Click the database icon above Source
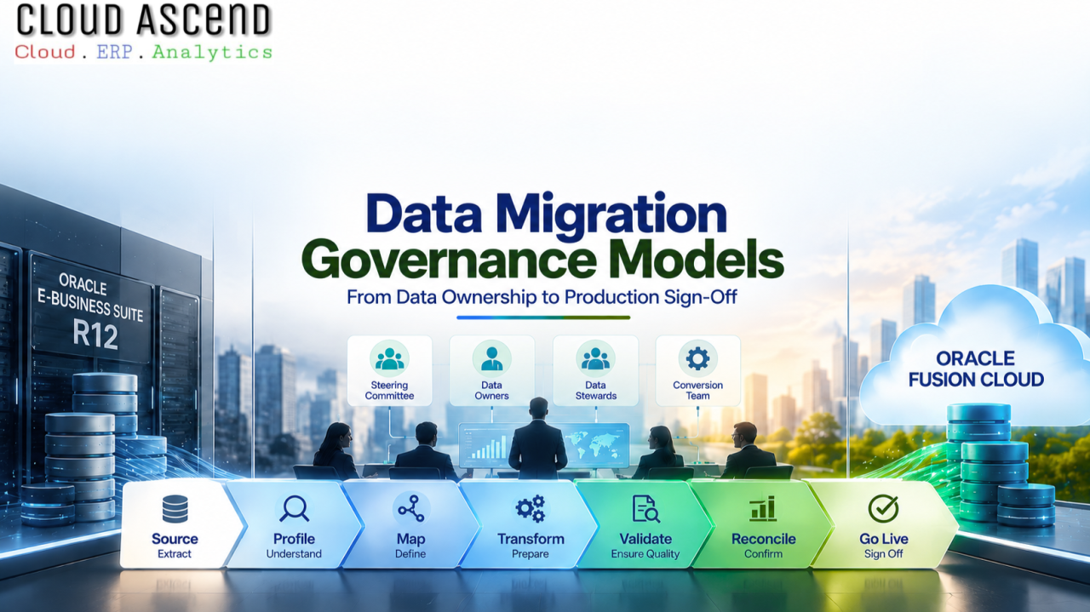point(175,509)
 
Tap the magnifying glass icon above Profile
point(295,508)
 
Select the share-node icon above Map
point(411,509)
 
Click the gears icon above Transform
point(531,509)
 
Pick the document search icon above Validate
point(645,509)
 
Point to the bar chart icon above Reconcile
point(762,509)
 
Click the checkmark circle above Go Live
point(883,508)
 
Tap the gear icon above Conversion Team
point(697,358)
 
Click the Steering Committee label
point(389,390)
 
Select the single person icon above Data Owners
point(492,358)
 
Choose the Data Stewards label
point(595,390)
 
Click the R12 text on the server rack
point(95,335)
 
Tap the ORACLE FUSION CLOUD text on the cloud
point(976,369)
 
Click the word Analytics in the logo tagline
point(212,52)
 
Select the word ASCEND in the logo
point(204,20)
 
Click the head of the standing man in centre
point(539,409)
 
